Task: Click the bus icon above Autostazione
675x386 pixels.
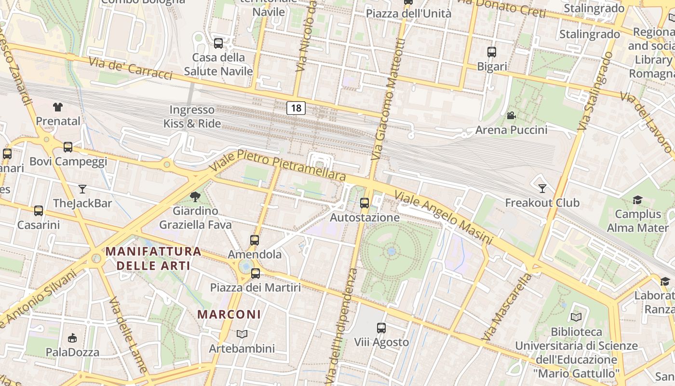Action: (x=364, y=203)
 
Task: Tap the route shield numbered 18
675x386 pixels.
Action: (x=296, y=108)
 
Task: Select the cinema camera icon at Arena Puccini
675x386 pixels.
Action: (x=511, y=116)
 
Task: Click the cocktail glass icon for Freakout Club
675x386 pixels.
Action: (x=542, y=188)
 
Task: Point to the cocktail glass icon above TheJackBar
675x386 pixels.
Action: (x=82, y=189)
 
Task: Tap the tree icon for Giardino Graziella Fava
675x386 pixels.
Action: (x=195, y=196)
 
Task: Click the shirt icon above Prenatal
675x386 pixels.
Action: (x=58, y=107)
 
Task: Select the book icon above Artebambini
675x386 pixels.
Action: (x=242, y=334)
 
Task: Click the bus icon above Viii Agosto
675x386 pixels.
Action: (x=381, y=328)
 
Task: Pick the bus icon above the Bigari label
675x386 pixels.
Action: (x=492, y=52)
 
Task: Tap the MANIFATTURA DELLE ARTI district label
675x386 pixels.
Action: (x=153, y=258)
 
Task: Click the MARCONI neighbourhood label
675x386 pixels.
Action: (x=229, y=314)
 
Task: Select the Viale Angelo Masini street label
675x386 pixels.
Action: (x=444, y=217)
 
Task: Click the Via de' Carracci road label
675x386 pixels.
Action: (x=130, y=69)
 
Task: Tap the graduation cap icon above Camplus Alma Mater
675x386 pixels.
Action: (x=637, y=200)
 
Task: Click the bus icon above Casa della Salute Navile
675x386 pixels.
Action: (x=218, y=43)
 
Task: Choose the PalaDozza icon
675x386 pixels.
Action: (x=72, y=338)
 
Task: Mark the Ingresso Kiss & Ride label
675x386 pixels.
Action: (x=192, y=117)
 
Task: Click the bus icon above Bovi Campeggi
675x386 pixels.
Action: (x=68, y=147)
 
